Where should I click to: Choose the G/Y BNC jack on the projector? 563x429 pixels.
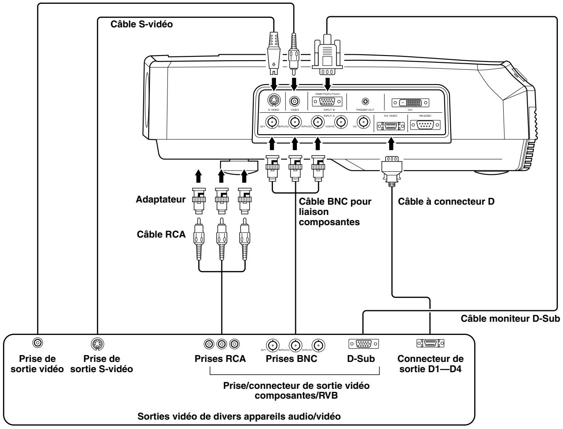(271, 123)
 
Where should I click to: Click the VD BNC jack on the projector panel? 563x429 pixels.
(363, 123)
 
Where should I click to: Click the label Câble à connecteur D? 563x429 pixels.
(446, 200)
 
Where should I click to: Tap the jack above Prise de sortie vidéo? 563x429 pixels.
(38, 343)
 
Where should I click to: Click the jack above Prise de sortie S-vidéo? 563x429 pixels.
(97, 343)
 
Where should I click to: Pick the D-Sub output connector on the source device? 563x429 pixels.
(363, 344)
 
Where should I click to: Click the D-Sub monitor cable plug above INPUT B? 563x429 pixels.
(328, 56)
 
